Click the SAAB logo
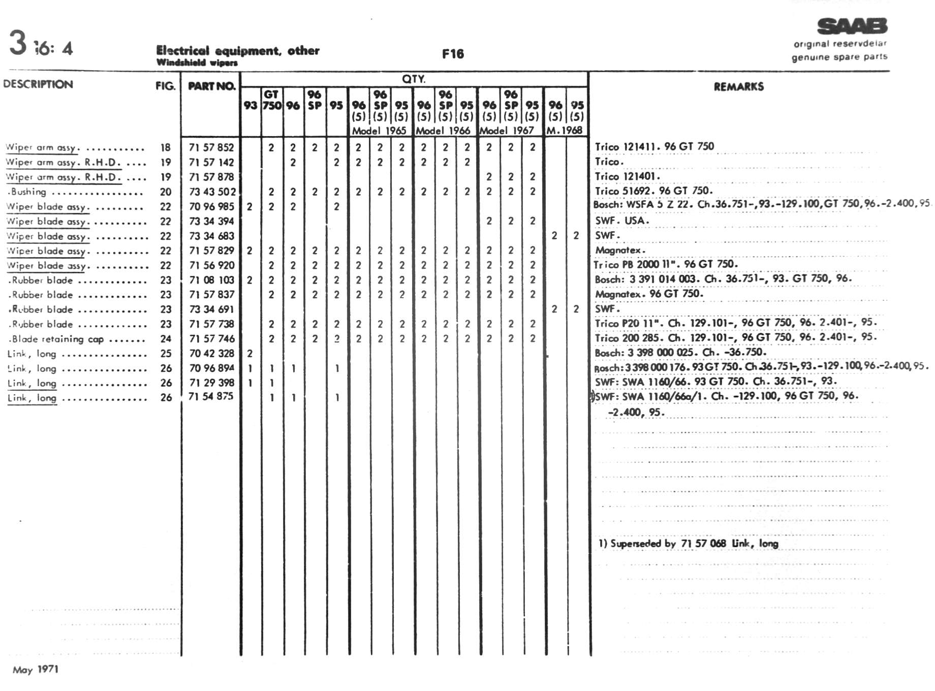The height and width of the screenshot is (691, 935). coord(852,26)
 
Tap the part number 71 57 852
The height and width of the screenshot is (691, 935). coord(211,147)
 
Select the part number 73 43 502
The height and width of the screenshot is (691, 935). coord(212,192)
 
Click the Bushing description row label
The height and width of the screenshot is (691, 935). coord(28,192)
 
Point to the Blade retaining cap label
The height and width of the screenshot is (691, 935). coord(56,339)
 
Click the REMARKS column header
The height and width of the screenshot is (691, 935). coord(738,86)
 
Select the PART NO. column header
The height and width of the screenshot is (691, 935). coord(211,86)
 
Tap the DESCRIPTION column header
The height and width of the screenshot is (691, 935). coord(38,84)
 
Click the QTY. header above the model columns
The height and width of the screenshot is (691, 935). coord(414,79)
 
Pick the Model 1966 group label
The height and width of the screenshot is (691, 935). coord(443,131)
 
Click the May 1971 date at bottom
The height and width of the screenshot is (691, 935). coord(36,669)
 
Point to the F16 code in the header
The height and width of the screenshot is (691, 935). coord(453,54)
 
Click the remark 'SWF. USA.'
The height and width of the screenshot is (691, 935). coord(622,221)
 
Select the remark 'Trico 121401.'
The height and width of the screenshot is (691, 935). coord(628,176)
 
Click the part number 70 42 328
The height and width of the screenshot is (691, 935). coord(211,353)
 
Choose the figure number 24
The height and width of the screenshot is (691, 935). coord(166,339)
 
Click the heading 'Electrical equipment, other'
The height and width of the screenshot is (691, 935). coord(238,50)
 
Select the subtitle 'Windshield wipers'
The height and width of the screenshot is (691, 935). coord(197,62)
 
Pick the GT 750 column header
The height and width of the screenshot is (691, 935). coord(272,100)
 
